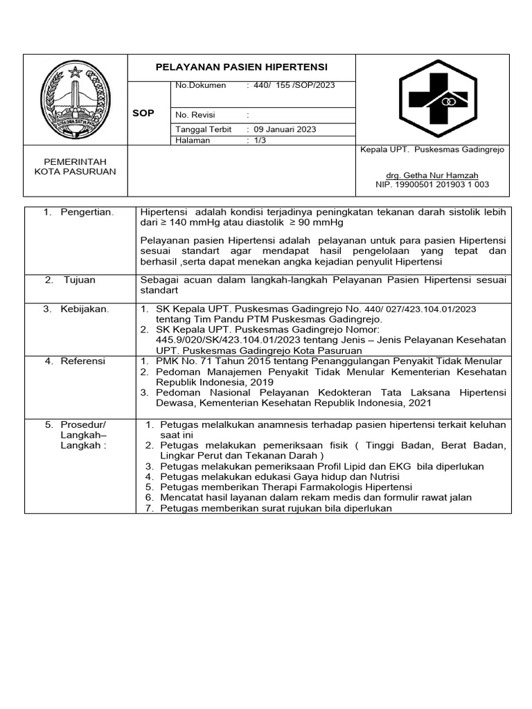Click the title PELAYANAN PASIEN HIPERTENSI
click(242, 67)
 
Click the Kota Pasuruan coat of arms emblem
click(76, 100)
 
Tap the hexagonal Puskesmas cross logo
click(437, 99)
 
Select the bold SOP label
click(143, 113)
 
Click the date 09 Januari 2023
click(286, 129)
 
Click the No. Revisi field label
click(197, 114)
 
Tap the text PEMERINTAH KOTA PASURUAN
click(76, 166)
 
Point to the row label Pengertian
click(87, 212)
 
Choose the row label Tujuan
click(80, 280)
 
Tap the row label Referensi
click(82, 361)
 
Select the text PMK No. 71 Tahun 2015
click(206, 361)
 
